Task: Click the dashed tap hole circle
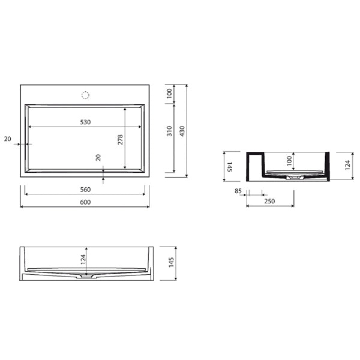point(85,95)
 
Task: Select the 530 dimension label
point(85,122)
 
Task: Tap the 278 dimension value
point(121,140)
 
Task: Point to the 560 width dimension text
point(85,190)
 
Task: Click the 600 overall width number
point(85,202)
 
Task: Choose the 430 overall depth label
point(182,131)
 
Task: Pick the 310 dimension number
point(169,131)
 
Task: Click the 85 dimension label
point(238,191)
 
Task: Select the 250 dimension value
point(269,202)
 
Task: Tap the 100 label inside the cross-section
point(290,161)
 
